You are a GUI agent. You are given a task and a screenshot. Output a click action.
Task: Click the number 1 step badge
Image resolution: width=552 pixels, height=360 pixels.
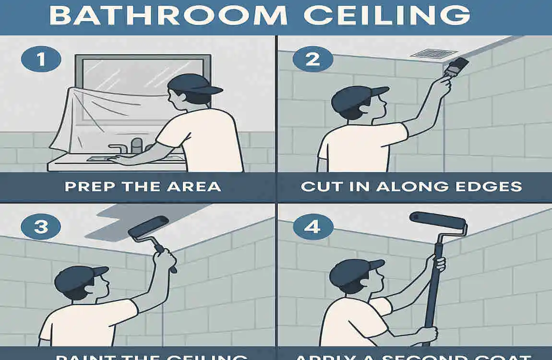click(41, 61)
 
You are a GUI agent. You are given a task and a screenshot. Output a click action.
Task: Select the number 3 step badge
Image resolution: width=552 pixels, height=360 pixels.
click(41, 226)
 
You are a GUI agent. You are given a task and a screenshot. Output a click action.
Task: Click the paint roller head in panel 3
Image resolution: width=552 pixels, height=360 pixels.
click(148, 226)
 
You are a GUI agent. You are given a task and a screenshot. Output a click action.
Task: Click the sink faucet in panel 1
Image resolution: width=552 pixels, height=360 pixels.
click(137, 145)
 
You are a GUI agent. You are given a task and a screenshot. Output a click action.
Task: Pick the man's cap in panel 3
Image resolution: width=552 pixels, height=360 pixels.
click(79, 277)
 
